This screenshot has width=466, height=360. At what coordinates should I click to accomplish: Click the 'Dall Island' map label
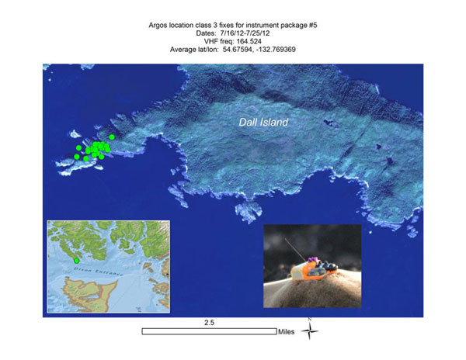[x=263, y=123]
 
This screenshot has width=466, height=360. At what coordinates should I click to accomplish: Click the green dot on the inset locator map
[x=76, y=260]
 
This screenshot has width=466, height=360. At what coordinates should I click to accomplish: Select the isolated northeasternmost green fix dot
[x=112, y=137]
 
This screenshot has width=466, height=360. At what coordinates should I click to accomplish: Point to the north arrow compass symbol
[x=310, y=331]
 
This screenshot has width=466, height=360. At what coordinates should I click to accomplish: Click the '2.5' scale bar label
[x=209, y=320]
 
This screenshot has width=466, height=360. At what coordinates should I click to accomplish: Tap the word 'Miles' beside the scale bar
[x=286, y=331]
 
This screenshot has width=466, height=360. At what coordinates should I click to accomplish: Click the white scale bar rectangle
[x=209, y=331]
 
